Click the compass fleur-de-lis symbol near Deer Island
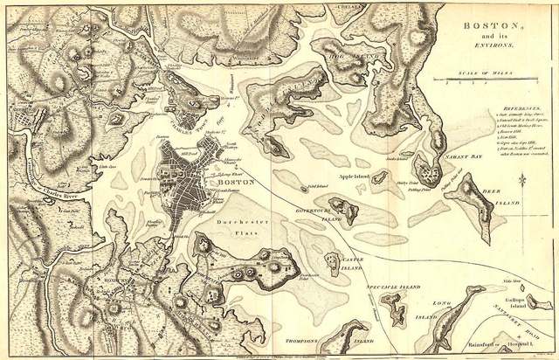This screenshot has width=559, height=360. (521, 180)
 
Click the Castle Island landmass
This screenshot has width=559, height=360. (333, 260)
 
